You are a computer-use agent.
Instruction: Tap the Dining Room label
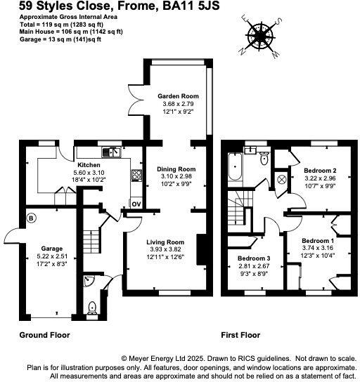pos(176,169)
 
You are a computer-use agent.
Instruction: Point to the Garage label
pos(51,249)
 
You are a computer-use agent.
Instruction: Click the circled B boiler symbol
pos(30,218)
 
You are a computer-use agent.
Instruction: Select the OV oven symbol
pos(136,204)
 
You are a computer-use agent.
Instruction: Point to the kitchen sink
pos(110,152)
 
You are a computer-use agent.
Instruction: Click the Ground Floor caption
pos(44,335)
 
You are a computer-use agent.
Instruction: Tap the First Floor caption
pos(240,335)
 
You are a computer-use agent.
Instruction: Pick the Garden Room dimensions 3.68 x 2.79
pos(176,104)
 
